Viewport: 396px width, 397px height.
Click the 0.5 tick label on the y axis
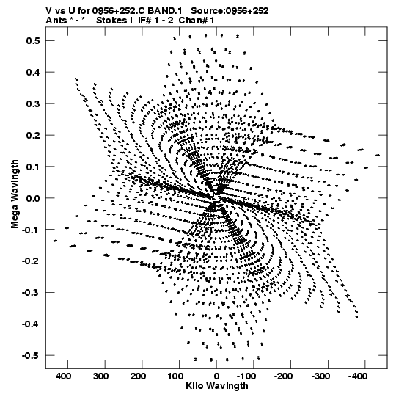coord(33,41)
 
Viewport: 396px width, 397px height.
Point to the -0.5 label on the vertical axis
coord(31,355)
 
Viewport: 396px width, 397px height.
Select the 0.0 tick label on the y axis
coord(33,198)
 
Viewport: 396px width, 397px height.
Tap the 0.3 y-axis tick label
coord(33,103)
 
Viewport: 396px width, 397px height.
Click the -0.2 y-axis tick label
coord(31,261)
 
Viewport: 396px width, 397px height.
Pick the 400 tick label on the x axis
coord(64,376)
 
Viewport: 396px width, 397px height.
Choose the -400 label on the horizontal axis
coord(358,376)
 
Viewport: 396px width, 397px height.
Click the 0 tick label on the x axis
coord(216,376)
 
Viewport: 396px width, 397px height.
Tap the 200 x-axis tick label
coord(138,376)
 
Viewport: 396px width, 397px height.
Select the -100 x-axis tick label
coord(246,376)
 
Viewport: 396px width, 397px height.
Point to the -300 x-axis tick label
coord(320,376)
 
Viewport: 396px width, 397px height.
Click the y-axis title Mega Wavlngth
coord(15,194)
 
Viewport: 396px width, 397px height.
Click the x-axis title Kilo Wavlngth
coord(217,386)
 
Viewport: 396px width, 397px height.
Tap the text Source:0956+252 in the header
coord(230,11)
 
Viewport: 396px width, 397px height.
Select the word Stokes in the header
coord(111,21)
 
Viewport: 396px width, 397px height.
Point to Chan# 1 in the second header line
coord(197,21)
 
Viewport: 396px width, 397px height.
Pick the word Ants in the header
coord(56,21)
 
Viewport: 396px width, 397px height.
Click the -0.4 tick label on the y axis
coord(31,324)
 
